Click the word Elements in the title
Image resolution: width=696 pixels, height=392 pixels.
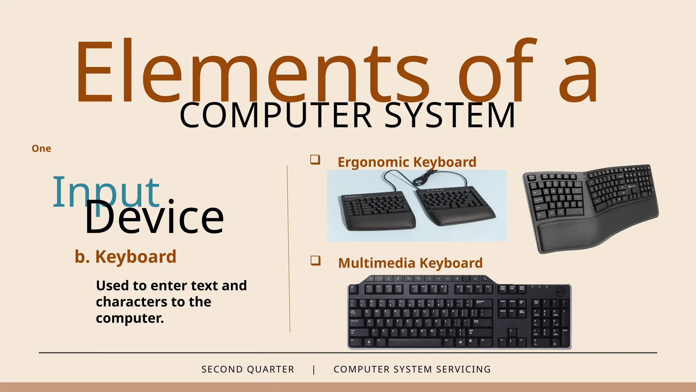coord(251,73)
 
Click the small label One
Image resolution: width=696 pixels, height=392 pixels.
coord(41,148)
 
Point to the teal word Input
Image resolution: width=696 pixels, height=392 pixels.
coord(106,192)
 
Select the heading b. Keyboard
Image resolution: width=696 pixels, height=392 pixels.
coord(125,257)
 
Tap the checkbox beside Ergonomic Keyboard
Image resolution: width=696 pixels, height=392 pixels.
coord(315,159)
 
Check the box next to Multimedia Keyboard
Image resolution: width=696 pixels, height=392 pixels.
coord(315,261)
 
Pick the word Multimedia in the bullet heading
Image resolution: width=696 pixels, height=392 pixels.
coord(377,263)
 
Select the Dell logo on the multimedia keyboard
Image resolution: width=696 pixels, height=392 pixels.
coord(559,292)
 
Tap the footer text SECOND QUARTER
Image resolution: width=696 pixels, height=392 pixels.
coord(248,369)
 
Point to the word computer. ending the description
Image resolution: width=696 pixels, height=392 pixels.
coord(130,318)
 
